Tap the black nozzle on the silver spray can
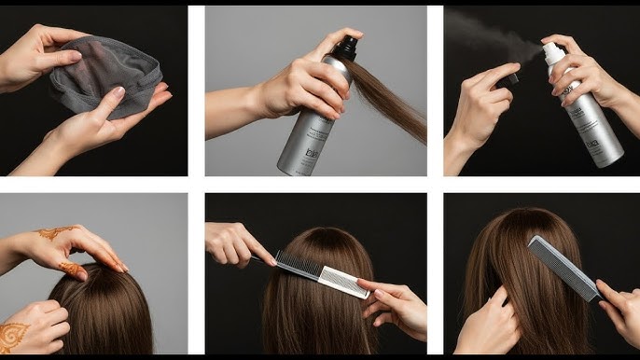(x=347, y=47)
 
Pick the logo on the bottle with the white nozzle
(x=591, y=145)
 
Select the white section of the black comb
(x=343, y=281)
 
